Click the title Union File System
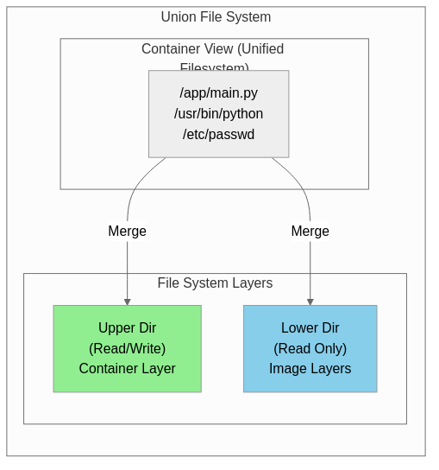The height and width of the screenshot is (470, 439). [216, 17]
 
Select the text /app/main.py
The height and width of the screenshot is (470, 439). [218, 93]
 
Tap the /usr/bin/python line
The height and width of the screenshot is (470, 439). [218, 114]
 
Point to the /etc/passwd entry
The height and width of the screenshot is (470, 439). [218, 135]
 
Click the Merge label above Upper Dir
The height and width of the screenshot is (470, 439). [127, 232]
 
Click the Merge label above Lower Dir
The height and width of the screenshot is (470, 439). [310, 232]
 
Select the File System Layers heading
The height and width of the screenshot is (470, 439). [215, 283]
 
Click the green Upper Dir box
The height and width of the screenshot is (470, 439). [127, 348]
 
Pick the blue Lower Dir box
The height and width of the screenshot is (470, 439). [310, 348]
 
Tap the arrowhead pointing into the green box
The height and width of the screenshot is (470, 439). [127, 302]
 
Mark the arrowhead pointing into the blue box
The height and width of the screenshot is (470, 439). [310, 302]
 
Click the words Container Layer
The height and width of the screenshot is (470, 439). [127, 369]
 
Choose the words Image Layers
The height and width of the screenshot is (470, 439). [310, 369]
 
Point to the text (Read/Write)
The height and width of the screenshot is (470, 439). [127, 349]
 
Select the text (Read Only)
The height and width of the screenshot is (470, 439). [310, 349]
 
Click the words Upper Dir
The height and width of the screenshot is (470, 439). [127, 328]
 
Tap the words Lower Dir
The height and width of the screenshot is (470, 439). [310, 328]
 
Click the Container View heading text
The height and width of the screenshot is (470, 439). [212, 49]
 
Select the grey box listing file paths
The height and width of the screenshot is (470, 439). [218, 114]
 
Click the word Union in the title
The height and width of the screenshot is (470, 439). [179, 17]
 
